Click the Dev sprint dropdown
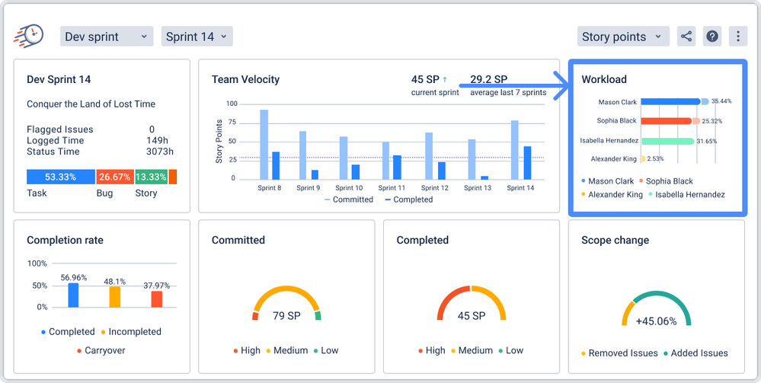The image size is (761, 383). pos(106,36)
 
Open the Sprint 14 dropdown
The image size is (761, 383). pos(197,36)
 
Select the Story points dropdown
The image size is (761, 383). pos(623,36)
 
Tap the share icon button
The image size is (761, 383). pos(686,36)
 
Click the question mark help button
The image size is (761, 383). pos(712,36)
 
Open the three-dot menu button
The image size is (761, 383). pos(737,36)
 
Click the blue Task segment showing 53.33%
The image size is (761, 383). pos(60,177)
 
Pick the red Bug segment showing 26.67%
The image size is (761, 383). pos(114,177)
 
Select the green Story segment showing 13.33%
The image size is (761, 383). pos(151,177)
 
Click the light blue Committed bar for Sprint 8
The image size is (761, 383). pos(264,144)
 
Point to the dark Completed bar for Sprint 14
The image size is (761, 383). pos(527,162)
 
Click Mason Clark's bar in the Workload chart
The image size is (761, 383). pos(670,101)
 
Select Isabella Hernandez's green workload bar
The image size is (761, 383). pos(667,141)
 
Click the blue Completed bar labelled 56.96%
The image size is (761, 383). pos(73,295)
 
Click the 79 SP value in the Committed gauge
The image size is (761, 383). pos(286,316)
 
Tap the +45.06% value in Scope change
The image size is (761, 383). pos(656,321)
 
